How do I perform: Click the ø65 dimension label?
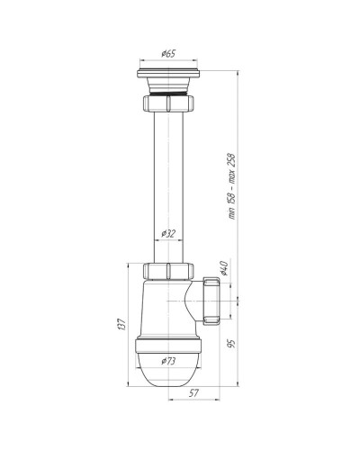click(168, 54)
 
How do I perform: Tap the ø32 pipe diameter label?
click(168, 234)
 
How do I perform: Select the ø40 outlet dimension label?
click(224, 268)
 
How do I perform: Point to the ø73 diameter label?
click(168, 361)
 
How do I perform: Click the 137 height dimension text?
click(121, 324)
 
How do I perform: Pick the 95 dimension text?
click(231, 344)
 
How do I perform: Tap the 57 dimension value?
click(193, 393)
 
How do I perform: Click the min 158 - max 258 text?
click(232, 186)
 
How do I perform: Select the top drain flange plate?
click(169, 74)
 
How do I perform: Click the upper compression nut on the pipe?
click(168, 103)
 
